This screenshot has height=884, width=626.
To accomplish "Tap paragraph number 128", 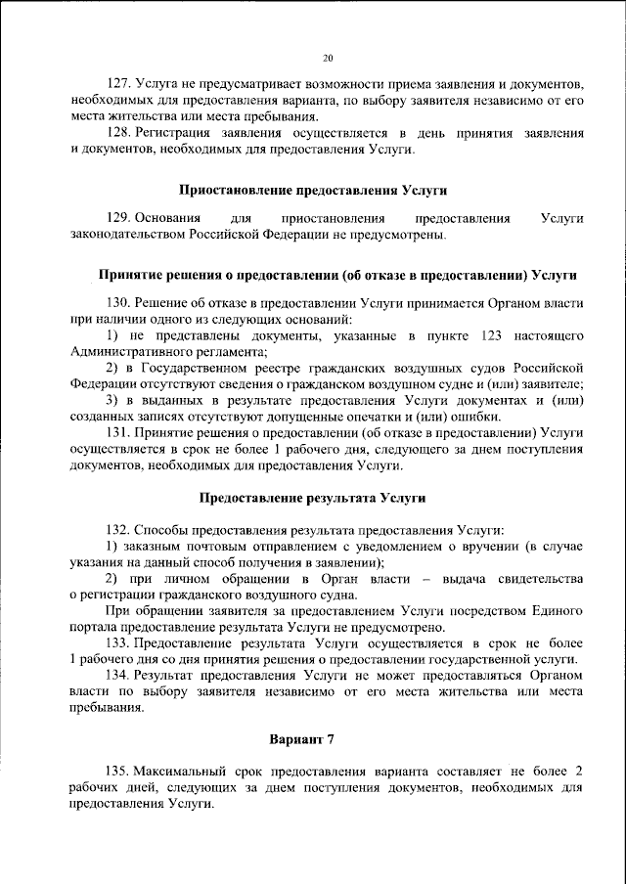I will click(x=118, y=132).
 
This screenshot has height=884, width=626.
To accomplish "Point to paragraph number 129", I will click(x=118, y=218).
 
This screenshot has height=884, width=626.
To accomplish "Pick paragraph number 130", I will click(x=118, y=304).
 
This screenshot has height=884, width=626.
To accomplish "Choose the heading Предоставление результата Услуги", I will click(x=313, y=498).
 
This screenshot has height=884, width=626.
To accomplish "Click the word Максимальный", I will click(x=185, y=772).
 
